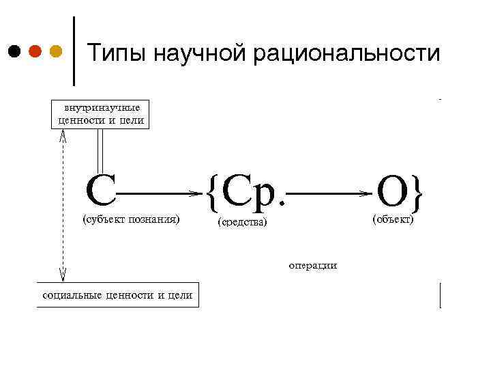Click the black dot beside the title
coord(14,51)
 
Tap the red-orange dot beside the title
coord(35,51)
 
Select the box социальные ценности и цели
coord(117,295)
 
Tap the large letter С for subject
coord(100,190)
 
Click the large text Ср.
coord(252,192)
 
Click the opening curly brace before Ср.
coord(211,193)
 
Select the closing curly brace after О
coord(417,193)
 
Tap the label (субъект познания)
coord(130,220)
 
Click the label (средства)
coord(242,223)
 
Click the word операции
coord(312,265)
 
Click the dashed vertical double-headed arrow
coord(63,205)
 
